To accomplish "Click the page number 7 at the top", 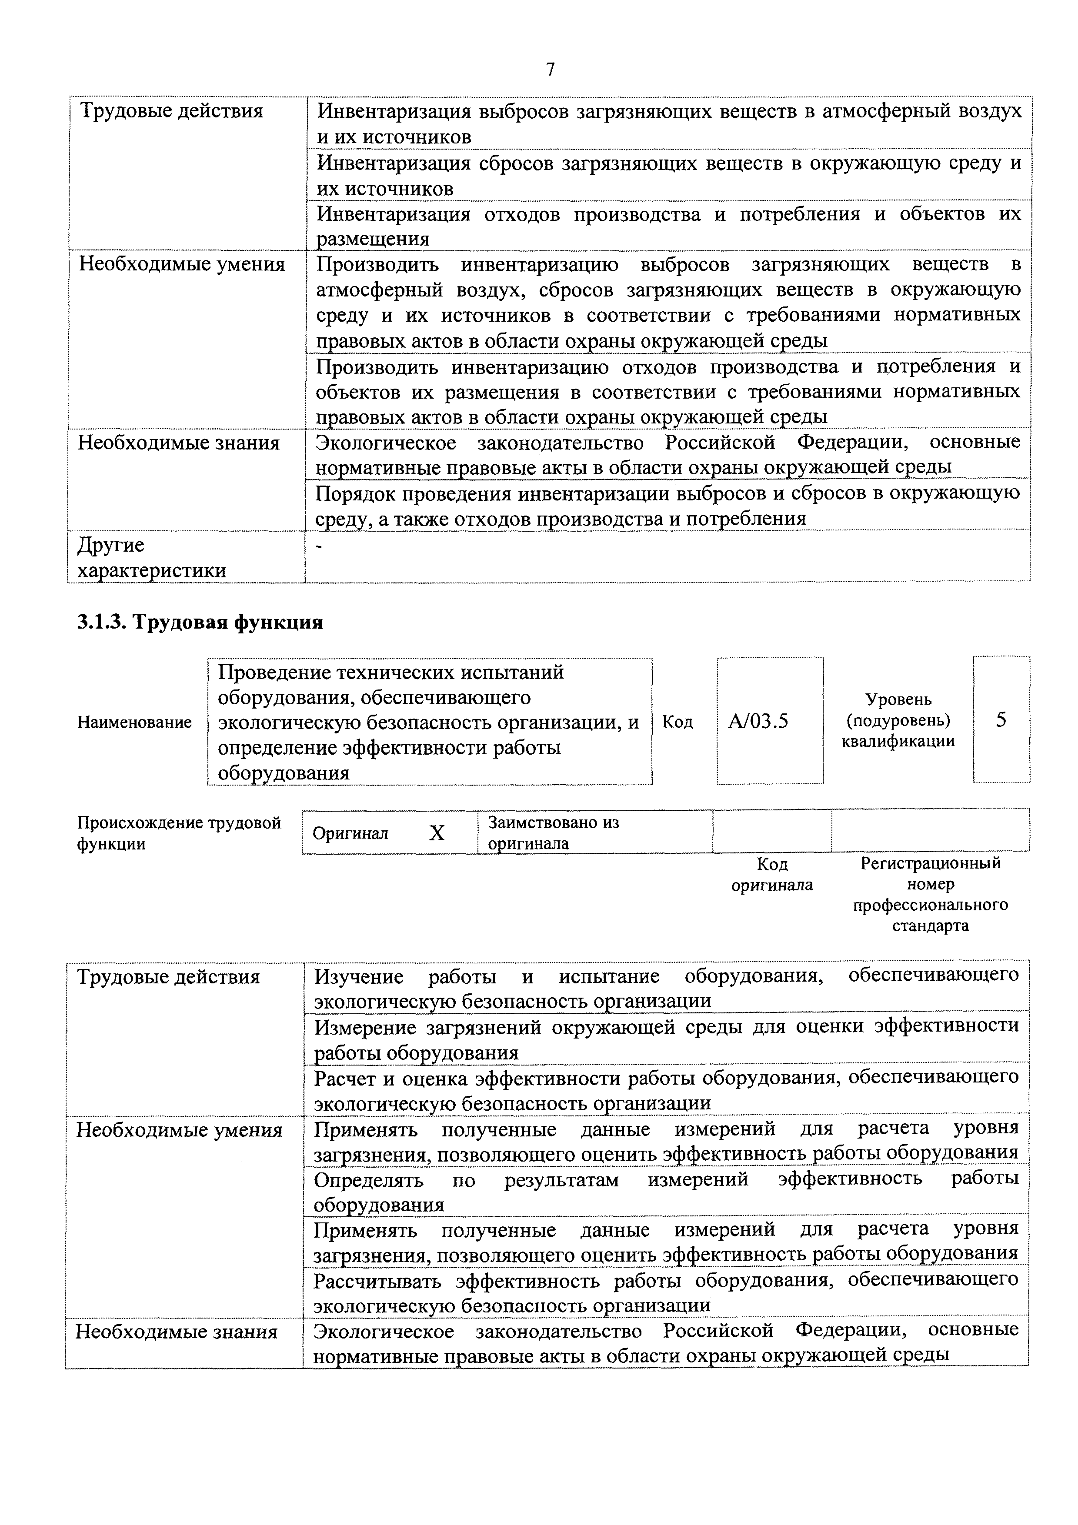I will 550,70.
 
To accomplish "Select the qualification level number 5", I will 1001,720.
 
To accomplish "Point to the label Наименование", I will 135,722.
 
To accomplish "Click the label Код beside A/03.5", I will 678,722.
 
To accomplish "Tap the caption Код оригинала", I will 772,874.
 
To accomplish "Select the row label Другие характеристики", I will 151,557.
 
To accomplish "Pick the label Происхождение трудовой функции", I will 179,833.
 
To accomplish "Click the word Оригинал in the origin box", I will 350,833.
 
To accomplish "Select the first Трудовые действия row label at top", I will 171,111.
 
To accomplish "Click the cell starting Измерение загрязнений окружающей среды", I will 665,1039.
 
